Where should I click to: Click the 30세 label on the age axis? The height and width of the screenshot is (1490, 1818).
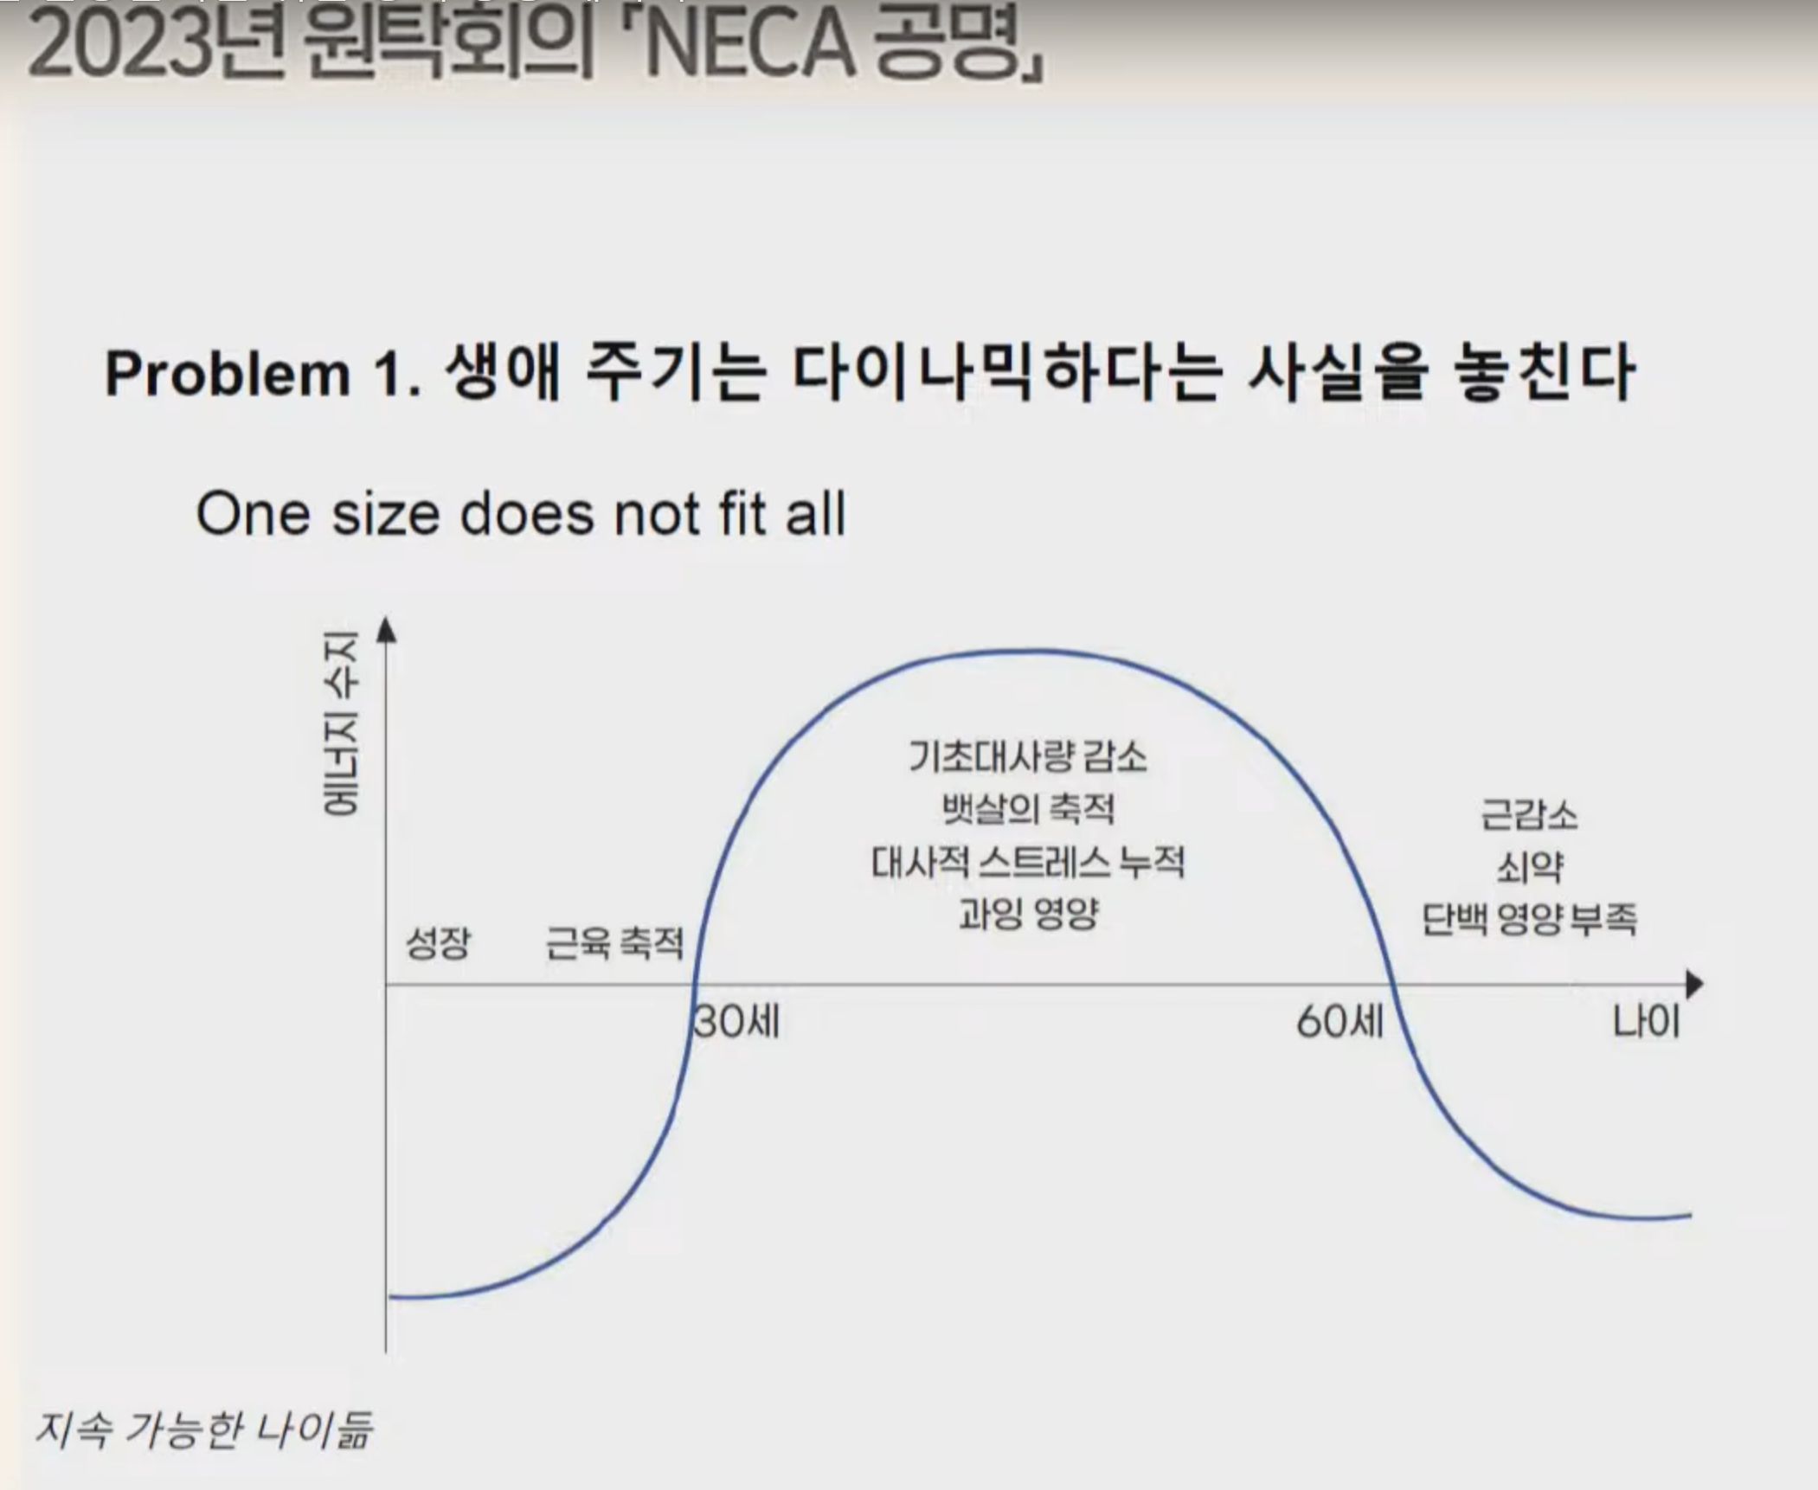point(736,1022)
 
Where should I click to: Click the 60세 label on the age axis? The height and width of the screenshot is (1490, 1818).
point(1339,1022)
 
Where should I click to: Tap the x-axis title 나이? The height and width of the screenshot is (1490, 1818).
point(1646,1022)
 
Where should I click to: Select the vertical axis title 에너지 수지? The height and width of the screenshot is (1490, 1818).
point(340,723)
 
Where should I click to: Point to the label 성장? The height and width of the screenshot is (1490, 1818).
point(439,942)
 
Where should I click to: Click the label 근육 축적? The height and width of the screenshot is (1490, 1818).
point(614,942)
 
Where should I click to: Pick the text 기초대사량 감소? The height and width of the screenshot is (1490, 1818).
point(1027,756)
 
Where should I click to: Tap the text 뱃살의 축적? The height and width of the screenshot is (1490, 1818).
point(1028,809)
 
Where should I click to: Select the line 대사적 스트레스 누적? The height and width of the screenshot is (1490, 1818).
point(1027,862)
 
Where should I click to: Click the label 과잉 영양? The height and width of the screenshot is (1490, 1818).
point(1028,914)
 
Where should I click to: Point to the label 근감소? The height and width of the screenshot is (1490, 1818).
point(1529,815)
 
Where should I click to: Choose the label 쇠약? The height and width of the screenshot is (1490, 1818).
point(1530,867)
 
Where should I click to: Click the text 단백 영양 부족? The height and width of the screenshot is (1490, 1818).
point(1529,918)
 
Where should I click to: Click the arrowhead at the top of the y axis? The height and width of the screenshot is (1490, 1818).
point(387,629)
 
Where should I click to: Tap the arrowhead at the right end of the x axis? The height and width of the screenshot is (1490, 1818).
point(1694,985)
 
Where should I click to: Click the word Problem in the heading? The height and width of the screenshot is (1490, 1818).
point(227,374)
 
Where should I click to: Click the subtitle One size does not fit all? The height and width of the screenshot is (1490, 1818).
point(521,514)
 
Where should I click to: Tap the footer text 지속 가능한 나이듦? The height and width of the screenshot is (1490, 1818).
point(203,1429)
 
